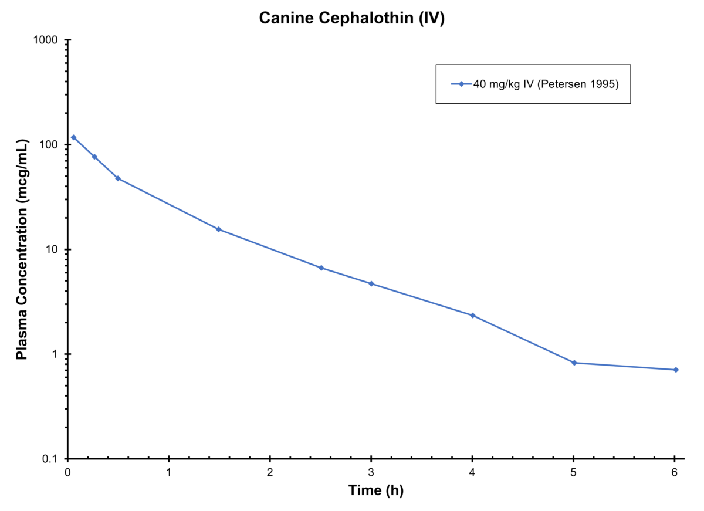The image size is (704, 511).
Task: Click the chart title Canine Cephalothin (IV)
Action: [x=352, y=18]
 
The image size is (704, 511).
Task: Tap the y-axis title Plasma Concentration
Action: [x=22, y=250]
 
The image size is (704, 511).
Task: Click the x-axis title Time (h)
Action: [x=376, y=490]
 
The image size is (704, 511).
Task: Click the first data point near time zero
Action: [x=73, y=137]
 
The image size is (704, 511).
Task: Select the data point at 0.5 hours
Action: [x=118, y=178]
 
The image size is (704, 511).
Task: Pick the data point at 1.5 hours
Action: [x=219, y=229]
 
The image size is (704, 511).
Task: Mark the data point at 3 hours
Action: [x=371, y=283]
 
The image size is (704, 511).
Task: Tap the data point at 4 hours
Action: [x=472, y=316]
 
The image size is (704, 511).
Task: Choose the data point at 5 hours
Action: [x=574, y=363]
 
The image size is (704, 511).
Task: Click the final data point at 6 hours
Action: [x=676, y=370]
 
